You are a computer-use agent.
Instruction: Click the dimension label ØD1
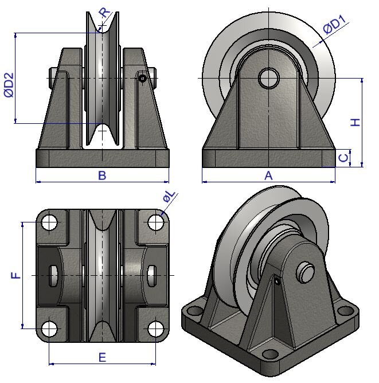(334, 27)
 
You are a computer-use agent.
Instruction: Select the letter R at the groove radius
(103, 13)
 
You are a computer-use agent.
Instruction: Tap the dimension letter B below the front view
(102, 175)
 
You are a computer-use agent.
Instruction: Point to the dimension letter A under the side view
(268, 175)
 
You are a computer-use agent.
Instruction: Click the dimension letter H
(355, 122)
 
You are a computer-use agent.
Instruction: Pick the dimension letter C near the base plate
(342, 158)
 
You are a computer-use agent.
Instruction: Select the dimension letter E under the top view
(102, 357)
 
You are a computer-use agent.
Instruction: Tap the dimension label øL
(169, 198)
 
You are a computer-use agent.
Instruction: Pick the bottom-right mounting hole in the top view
(155, 329)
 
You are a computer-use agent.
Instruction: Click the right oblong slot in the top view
(151, 276)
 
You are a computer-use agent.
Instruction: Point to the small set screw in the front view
(142, 78)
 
